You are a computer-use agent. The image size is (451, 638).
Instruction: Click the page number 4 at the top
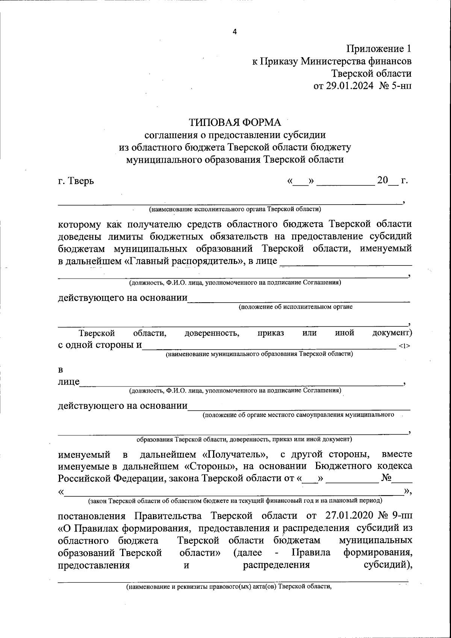[x=235, y=32]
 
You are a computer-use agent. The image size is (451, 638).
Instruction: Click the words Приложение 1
[x=378, y=49]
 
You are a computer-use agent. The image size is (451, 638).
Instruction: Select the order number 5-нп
[x=401, y=86]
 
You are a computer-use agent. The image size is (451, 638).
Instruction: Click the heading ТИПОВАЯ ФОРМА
[x=235, y=123]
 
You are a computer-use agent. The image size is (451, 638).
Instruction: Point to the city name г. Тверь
[x=76, y=181]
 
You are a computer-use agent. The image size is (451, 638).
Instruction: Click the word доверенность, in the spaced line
[x=212, y=333]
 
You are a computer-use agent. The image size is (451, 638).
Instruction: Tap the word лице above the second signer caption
[x=68, y=382]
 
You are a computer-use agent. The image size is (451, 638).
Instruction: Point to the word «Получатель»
[x=235, y=454]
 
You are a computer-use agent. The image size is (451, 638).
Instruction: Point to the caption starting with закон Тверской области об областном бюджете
[x=235, y=501]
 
